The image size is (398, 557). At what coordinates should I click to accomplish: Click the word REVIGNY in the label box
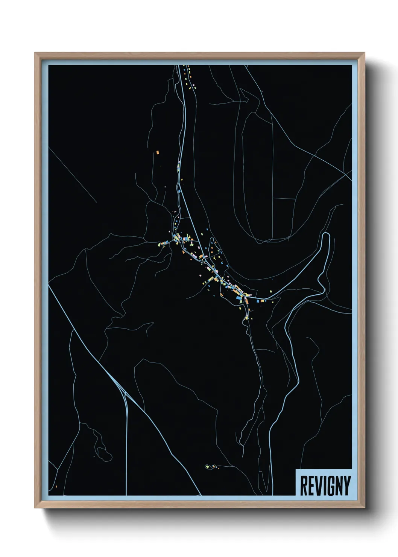[x=325, y=485]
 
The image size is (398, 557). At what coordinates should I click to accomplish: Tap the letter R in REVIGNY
[x=303, y=485]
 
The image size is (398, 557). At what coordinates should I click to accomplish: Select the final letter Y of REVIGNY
[x=347, y=485]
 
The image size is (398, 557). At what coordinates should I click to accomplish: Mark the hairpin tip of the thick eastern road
[x=326, y=234]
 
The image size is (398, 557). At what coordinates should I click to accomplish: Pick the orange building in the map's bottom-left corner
[x=56, y=487]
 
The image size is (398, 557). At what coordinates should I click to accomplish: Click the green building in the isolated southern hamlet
[x=207, y=467]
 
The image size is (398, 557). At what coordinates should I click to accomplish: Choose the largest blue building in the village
[x=238, y=298]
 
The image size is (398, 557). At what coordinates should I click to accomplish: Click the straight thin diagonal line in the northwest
[x=73, y=175]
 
